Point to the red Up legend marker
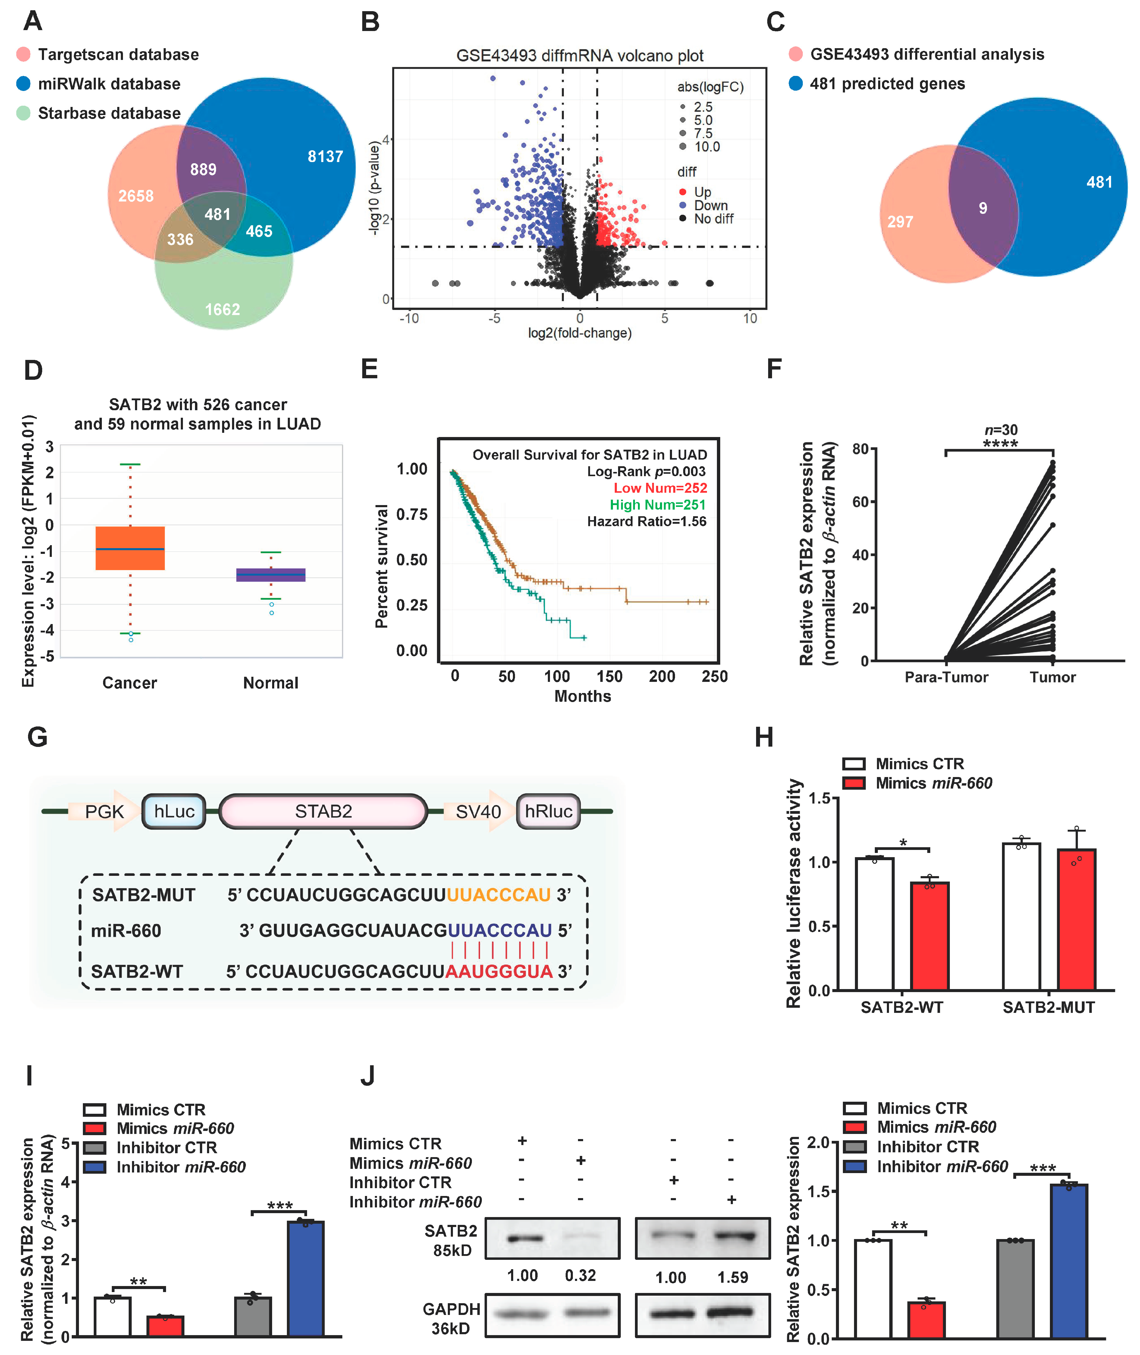click(683, 192)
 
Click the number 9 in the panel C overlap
click(982, 208)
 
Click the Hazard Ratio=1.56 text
click(646, 521)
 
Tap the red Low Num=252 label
click(660, 488)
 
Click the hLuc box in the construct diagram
click(174, 811)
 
